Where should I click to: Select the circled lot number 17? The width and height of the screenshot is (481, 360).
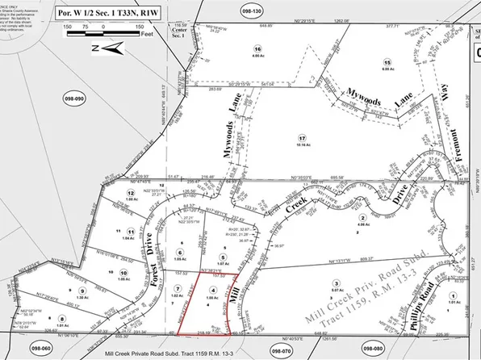tap(302, 138)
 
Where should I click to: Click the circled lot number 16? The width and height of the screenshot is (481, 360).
tap(258, 117)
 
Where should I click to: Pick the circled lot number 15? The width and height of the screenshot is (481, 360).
tap(387, 62)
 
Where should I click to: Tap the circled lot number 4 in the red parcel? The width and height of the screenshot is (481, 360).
tap(213, 287)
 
